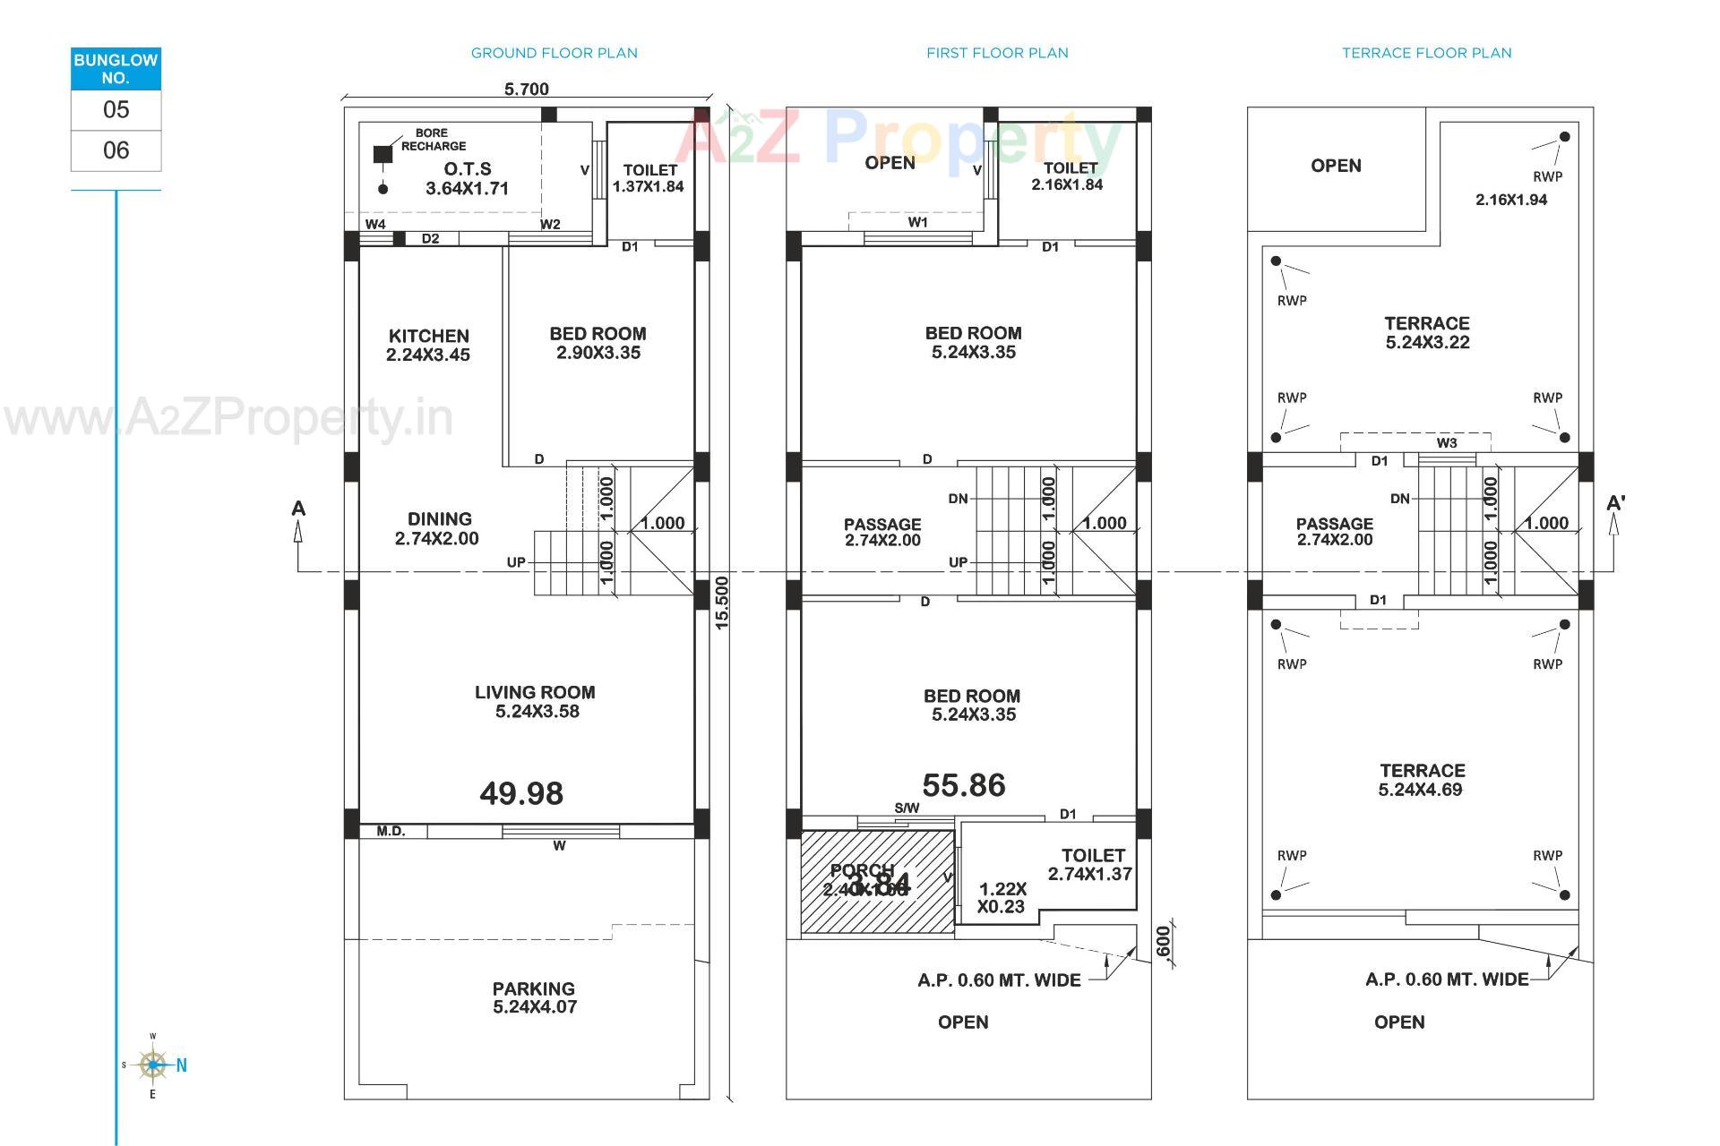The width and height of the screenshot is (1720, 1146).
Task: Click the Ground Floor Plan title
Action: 554,53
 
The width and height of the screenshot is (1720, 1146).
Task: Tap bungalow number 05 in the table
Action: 116,110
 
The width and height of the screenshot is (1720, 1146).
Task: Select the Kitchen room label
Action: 428,345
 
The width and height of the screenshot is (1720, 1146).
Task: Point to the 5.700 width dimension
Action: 527,89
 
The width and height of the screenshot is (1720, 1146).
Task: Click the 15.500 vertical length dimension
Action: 723,603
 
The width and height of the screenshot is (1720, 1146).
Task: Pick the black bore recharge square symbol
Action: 383,154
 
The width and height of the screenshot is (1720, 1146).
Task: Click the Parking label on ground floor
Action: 534,997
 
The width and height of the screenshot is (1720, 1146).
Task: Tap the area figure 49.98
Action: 521,793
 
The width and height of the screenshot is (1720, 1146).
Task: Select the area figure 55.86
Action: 964,785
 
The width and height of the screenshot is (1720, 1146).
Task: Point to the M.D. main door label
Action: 391,831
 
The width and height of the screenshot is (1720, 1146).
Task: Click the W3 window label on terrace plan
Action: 1447,442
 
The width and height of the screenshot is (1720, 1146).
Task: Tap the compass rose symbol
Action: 153,1065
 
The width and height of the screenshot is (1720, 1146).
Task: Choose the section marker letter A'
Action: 1615,503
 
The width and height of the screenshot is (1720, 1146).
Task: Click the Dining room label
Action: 438,528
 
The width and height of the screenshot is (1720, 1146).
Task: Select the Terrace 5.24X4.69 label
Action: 1422,780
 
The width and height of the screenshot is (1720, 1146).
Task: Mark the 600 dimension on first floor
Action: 1163,942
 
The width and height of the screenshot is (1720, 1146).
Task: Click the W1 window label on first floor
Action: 917,222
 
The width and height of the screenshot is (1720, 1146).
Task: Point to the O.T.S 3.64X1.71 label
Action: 467,178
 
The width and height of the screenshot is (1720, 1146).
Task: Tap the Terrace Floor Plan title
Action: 1426,53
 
